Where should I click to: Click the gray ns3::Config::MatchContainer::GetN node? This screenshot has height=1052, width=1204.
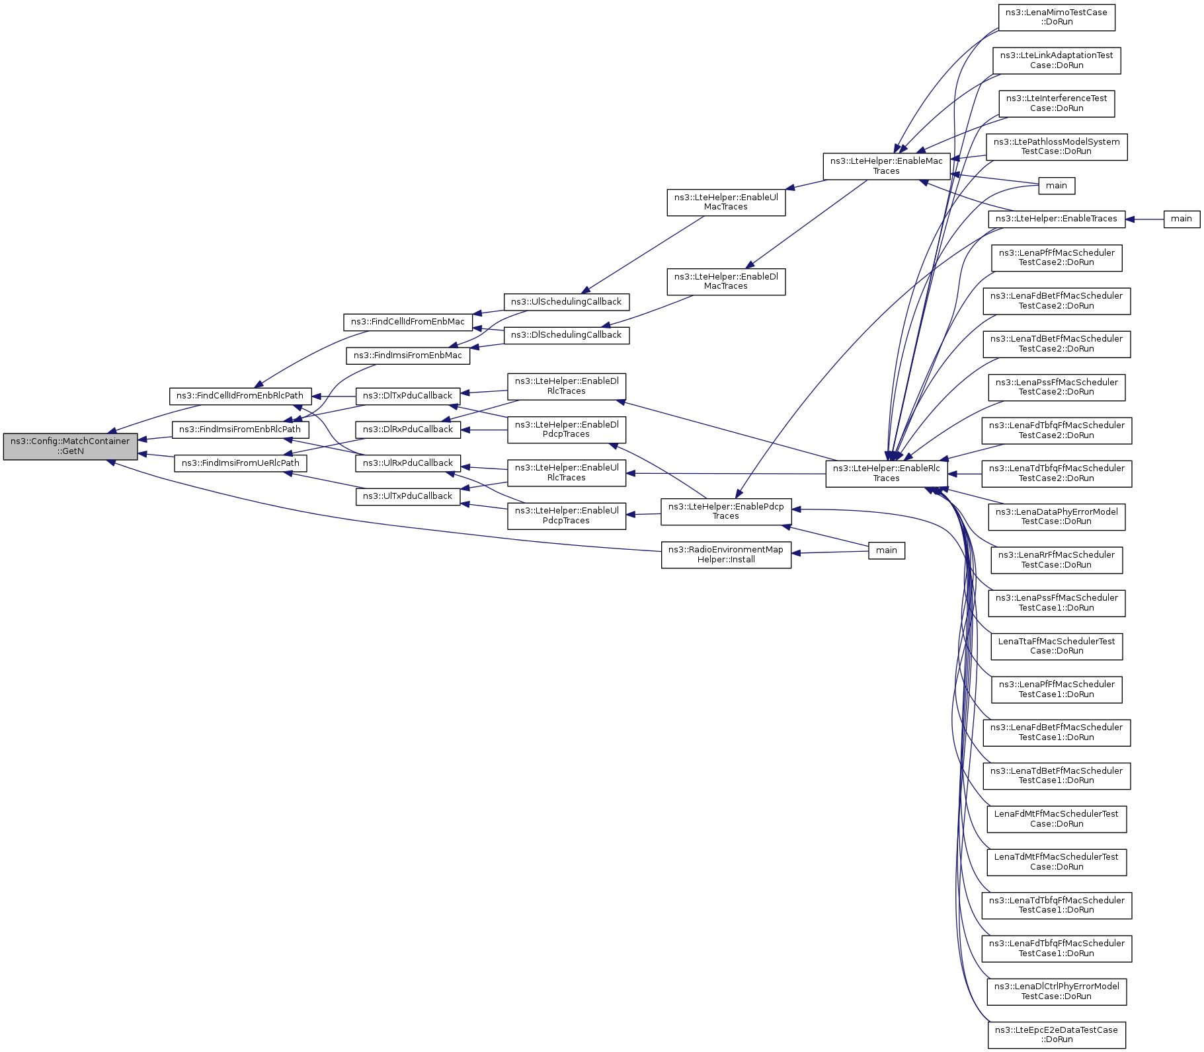[x=70, y=446]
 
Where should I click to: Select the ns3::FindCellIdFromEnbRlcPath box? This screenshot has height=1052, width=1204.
[x=240, y=396]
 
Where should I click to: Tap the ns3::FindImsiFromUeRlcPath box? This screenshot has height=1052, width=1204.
[x=241, y=463]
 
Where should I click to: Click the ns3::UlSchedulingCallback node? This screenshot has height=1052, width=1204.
[x=566, y=302]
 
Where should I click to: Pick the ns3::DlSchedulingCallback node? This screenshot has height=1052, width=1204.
[x=566, y=335]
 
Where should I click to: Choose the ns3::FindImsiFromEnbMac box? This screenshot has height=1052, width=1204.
[x=407, y=356]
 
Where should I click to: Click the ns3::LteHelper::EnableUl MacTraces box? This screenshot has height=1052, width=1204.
[x=726, y=202]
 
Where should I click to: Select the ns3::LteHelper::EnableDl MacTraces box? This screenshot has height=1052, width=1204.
[x=726, y=282]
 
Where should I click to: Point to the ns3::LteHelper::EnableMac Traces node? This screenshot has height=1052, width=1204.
[x=886, y=166]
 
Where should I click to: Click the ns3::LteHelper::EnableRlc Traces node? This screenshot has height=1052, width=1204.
[x=886, y=473]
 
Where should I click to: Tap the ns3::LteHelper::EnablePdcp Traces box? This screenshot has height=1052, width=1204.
[x=726, y=511]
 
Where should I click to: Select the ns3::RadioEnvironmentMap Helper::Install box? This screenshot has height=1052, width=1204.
[x=726, y=554]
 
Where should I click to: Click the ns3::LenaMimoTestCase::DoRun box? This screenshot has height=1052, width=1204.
[x=1057, y=17]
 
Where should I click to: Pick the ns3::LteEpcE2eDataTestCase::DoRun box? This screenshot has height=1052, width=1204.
[x=1057, y=1034]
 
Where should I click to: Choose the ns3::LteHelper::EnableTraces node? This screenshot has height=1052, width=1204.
[x=1057, y=219]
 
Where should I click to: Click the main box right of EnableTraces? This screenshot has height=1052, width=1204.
[x=1182, y=219]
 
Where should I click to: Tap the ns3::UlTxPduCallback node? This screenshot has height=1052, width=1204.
[x=407, y=496]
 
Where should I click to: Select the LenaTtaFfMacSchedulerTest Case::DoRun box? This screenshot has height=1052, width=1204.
[x=1057, y=646]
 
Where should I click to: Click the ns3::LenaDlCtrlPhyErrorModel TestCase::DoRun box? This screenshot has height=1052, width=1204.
[x=1057, y=991]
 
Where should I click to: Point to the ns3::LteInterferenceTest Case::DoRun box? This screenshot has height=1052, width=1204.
[x=1057, y=104]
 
